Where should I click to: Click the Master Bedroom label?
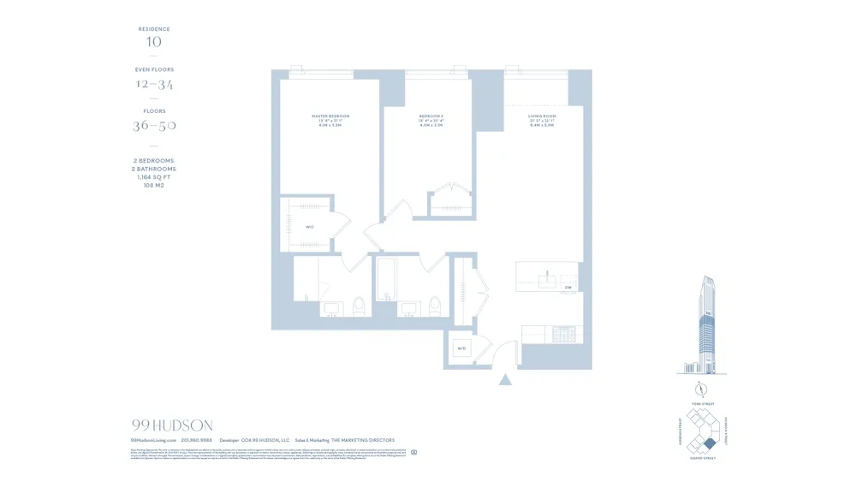[330, 116]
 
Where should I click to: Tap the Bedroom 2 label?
[431, 116]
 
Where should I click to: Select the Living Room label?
[542, 116]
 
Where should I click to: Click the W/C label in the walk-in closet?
[310, 227]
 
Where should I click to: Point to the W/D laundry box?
[461, 348]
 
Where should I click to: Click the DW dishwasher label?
[568, 288]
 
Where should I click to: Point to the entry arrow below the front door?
[506, 378]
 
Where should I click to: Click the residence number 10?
[154, 42]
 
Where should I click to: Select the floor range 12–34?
[154, 84]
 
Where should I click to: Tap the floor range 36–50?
[154, 126]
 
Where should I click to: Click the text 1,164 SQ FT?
[154, 177]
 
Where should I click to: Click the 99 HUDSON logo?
[172, 425]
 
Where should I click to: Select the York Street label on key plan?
[701, 403]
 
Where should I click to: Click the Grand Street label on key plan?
[701, 459]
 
